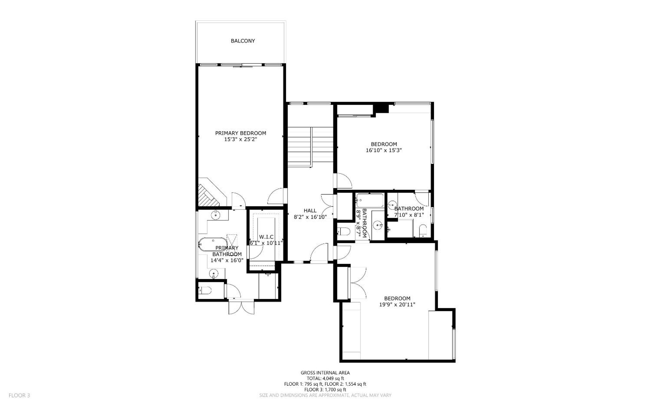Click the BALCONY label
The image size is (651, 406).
pyautogui.click(x=242, y=41)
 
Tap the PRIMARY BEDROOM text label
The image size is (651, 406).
pyautogui.click(x=240, y=133)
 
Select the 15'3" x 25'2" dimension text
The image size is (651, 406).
pyautogui.click(x=240, y=139)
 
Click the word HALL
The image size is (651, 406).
pyautogui.click(x=310, y=210)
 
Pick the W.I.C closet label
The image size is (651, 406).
pyautogui.click(x=266, y=237)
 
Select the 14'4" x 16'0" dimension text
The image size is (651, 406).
pyautogui.click(x=227, y=260)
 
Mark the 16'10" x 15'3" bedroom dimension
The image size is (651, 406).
pyautogui.click(x=384, y=150)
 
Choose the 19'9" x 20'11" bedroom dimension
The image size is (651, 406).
pyautogui.click(x=397, y=304)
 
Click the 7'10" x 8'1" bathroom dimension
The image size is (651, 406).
pyautogui.click(x=409, y=215)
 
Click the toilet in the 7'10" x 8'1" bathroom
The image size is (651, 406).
pyautogui.click(x=423, y=231)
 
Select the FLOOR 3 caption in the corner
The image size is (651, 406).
pyautogui.click(x=19, y=395)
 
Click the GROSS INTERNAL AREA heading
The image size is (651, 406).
pyautogui.click(x=325, y=373)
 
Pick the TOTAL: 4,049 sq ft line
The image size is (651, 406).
pyautogui.click(x=325, y=378)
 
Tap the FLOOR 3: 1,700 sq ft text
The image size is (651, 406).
pyautogui.click(x=325, y=390)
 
